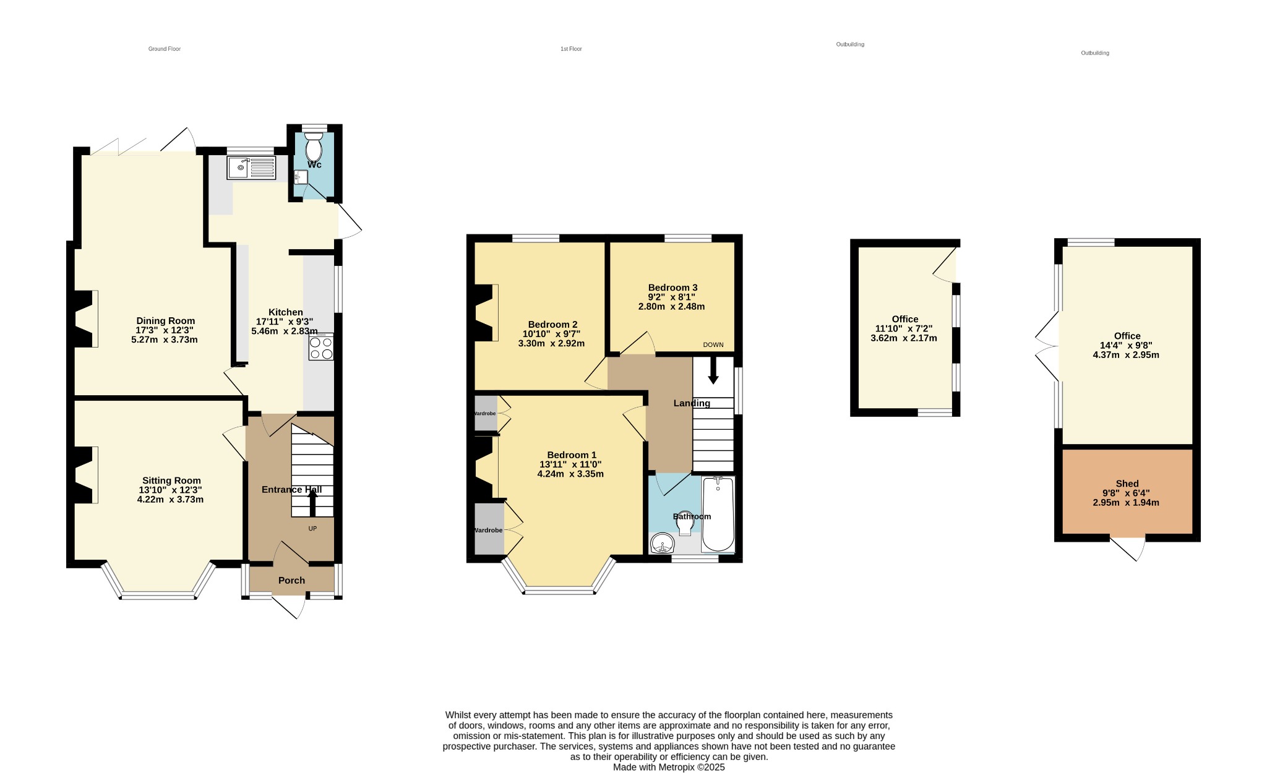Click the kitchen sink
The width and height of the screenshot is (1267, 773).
point(251,168)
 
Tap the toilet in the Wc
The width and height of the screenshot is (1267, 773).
point(314,146)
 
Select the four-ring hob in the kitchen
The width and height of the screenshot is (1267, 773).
point(321,347)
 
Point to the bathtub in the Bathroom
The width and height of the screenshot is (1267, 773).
point(718,515)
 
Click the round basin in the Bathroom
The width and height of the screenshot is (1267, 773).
point(663,544)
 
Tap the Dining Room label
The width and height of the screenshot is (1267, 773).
point(166,320)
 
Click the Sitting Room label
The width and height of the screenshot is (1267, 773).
point(171,480)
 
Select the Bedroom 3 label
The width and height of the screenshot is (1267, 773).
point(672,288)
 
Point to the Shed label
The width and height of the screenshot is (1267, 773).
point(1127,484)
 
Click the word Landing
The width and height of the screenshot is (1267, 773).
point(692,403)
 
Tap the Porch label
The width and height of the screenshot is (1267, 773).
point(291,580)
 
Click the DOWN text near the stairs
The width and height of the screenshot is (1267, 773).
point(713,345)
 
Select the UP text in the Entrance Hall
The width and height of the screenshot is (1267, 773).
point(312,529)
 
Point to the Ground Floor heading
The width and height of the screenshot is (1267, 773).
point(165,49)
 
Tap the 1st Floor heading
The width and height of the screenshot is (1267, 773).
point(571,49)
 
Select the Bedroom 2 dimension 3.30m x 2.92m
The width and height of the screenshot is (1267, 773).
point(551,343)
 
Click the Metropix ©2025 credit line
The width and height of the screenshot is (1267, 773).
point(669,767)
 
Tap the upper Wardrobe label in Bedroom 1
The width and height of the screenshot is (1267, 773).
point(484,414)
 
